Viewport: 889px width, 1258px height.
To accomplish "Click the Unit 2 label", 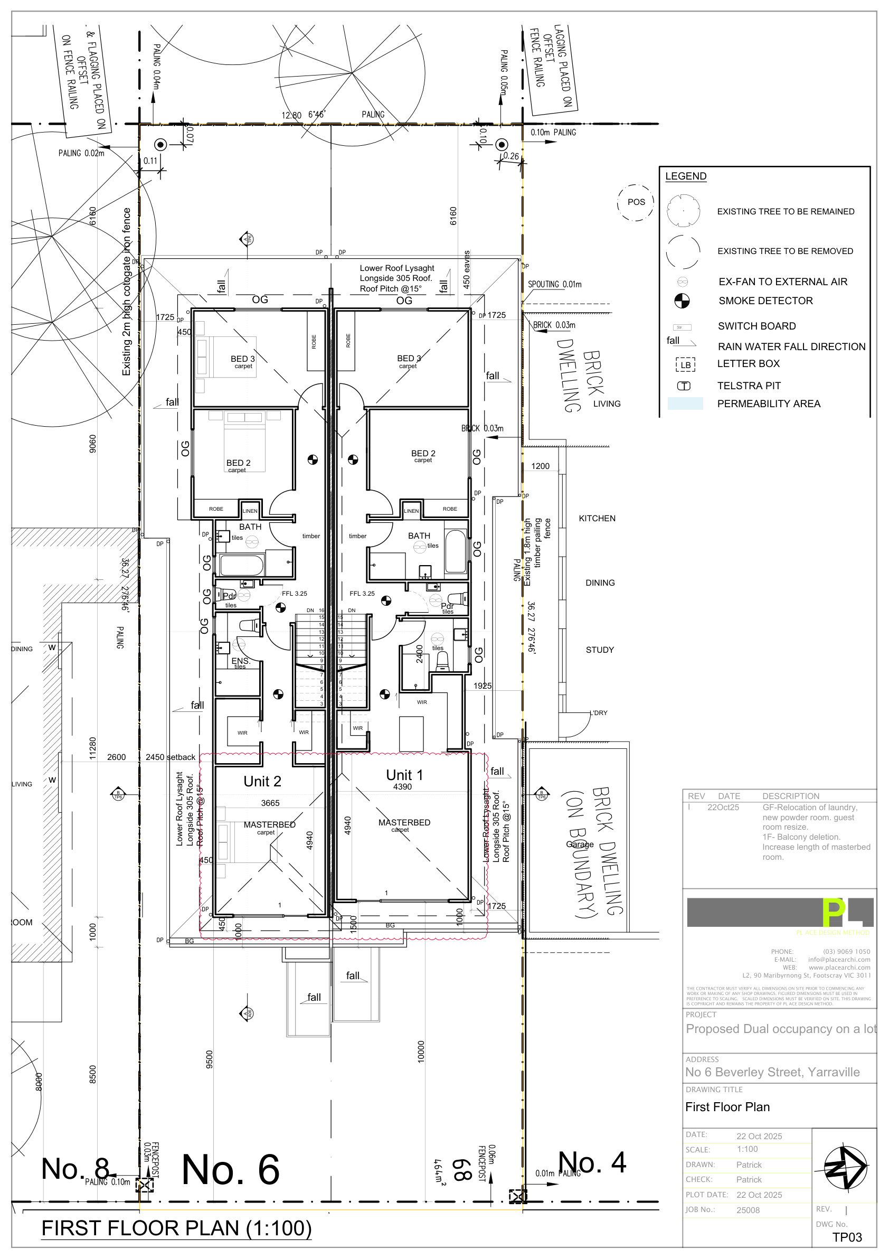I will coord(262,781).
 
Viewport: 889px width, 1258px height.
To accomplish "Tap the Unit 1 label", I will coord(404,775).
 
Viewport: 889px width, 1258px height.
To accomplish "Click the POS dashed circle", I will coord(636,202).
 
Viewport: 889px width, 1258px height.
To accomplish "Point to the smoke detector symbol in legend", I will coord(682,301).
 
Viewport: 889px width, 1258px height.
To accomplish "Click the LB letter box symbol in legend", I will coord(685,365).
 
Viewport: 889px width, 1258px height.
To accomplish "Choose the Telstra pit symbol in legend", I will coord(684,386).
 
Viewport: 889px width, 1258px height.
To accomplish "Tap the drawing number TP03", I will coord(847,1237).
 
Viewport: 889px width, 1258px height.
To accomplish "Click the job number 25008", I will coord(748,1210).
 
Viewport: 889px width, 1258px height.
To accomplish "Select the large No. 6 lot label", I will coord(230,1169).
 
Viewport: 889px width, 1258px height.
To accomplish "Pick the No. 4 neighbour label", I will coord(592,1162).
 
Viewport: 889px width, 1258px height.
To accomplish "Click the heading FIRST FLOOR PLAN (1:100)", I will coord(176,1228).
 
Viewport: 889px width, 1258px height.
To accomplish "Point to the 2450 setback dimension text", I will coord(170,757).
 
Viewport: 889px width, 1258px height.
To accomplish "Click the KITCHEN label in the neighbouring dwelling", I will coord(597,518).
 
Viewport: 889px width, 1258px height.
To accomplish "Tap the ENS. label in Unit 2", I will coord(240,661).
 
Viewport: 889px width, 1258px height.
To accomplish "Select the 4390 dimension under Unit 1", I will coord(402,787).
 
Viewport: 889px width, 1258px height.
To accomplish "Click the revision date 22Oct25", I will coord(723,808).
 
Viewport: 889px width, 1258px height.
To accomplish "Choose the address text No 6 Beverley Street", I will coord(772,1072).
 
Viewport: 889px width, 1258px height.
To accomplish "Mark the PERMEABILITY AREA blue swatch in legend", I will coord(685,404).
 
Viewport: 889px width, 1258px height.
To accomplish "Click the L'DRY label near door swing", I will coord(598,713).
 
